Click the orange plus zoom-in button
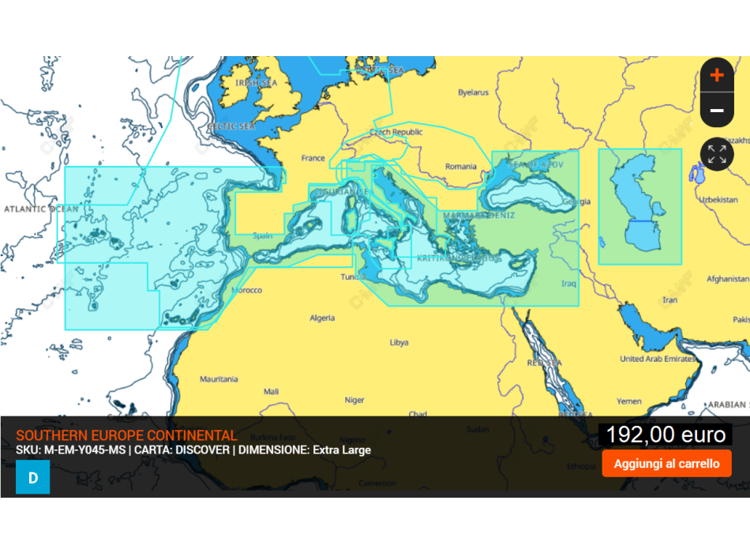717,75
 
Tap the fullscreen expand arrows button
717,154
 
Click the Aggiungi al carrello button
666,464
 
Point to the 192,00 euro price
666,434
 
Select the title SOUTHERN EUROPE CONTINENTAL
126,435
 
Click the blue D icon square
32,477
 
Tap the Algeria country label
322,318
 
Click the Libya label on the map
399,343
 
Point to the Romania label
460,167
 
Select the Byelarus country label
473,92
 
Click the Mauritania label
219,379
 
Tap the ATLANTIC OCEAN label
41,209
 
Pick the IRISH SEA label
257,82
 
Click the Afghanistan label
727,279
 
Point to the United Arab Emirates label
658,359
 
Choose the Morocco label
246,291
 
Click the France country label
313,158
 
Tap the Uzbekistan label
718,200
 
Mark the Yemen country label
629,401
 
